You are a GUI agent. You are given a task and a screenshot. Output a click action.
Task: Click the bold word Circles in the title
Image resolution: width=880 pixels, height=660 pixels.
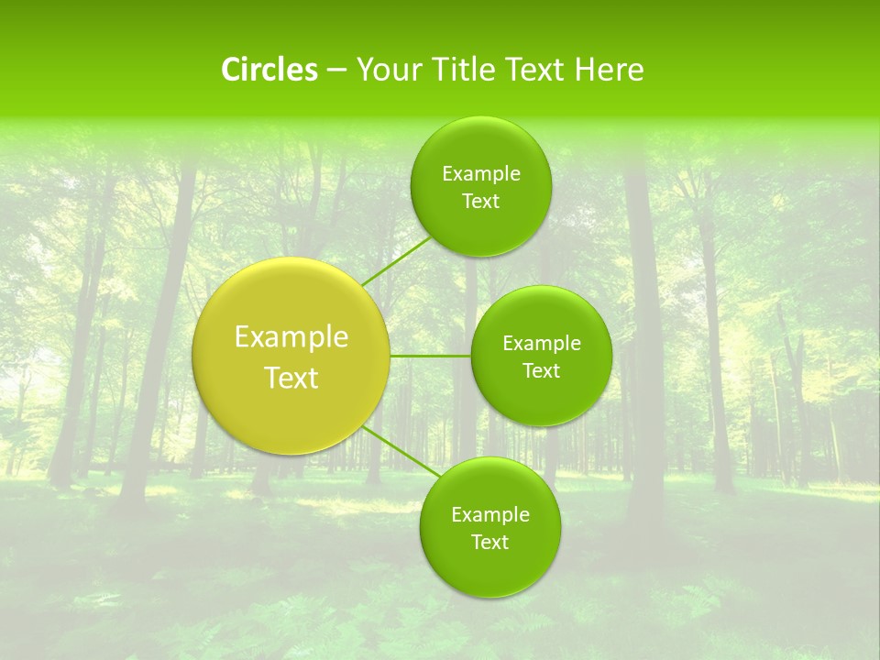pyautogui.click(x=269, y=70)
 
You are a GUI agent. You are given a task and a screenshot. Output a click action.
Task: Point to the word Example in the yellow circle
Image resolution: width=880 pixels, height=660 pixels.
pyautogui.click(x=291, y=337)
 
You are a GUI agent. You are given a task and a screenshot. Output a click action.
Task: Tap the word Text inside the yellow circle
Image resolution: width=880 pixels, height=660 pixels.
pyautogui.click(x=291, y=378)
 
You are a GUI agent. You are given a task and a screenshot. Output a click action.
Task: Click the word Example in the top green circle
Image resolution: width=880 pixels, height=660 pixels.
pyautogui.click(x=481, y=174)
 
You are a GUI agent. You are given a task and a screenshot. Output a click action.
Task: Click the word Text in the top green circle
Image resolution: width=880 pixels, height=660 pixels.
pyautogui.click(x=480, y=202)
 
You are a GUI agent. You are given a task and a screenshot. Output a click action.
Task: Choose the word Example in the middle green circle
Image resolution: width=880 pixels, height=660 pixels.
pyautogui.click(x=542, y=344)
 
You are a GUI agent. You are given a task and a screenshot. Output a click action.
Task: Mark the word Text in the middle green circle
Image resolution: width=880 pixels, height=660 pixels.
pyautogui.click(x=542, y=371)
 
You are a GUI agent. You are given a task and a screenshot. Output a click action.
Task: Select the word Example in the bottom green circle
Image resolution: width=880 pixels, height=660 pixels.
pyautogui.click(x=490, y=515)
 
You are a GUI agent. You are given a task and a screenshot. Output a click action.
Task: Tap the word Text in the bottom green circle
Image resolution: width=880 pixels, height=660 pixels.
pyautogui.click(x=490, y=543)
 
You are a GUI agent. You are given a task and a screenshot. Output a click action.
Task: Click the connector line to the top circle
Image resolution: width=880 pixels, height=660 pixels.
pyautogui.click(x=395, y=261)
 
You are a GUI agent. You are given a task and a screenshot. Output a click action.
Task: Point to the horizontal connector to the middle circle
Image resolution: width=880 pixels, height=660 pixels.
pyautogui.click(x=430, y=356)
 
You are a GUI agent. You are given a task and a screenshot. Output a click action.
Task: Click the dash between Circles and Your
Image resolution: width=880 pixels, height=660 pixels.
pyautogui.click(x=336, y=71)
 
